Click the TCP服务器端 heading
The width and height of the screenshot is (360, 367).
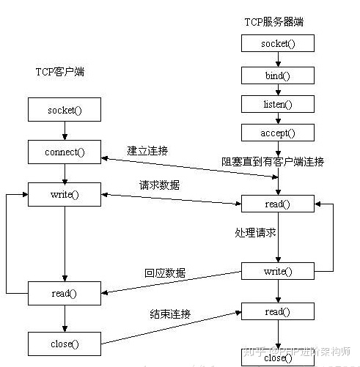click(275, 22)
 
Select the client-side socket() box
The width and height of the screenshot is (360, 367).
click(65, 111)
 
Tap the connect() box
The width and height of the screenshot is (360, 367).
click(65, 152)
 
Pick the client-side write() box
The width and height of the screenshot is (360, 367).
click(65, 195)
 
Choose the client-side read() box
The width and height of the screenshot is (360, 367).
click(65, 293)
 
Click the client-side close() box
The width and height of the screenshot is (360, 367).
click(65, 341)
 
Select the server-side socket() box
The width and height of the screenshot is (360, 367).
click(278, 43)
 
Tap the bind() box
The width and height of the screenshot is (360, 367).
click(278, 75)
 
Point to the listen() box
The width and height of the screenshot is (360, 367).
click(278, 104)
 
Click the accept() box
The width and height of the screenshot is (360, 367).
click(278, 133)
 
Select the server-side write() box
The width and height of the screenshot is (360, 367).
click(278, 272)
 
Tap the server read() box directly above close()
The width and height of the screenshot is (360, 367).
click(278, 312)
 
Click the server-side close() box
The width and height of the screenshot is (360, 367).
click(278, 357)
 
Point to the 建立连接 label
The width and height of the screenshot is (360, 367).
click(147, 150)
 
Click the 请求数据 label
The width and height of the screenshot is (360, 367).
click(160, 185)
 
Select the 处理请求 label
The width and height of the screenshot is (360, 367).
click(255, 232)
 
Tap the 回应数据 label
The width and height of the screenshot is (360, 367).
click(165, 273)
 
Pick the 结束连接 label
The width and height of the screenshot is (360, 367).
click(170, 314)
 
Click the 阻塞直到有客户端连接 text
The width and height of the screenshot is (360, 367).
click(273, 161)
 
